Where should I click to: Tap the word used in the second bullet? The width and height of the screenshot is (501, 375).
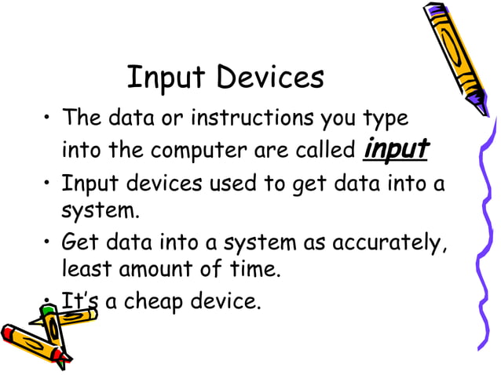(x=234, y=184)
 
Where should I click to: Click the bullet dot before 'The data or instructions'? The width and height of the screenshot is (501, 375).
(x=48, y=120)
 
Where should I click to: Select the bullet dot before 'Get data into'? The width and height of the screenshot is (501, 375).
(x=48, y=243)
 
